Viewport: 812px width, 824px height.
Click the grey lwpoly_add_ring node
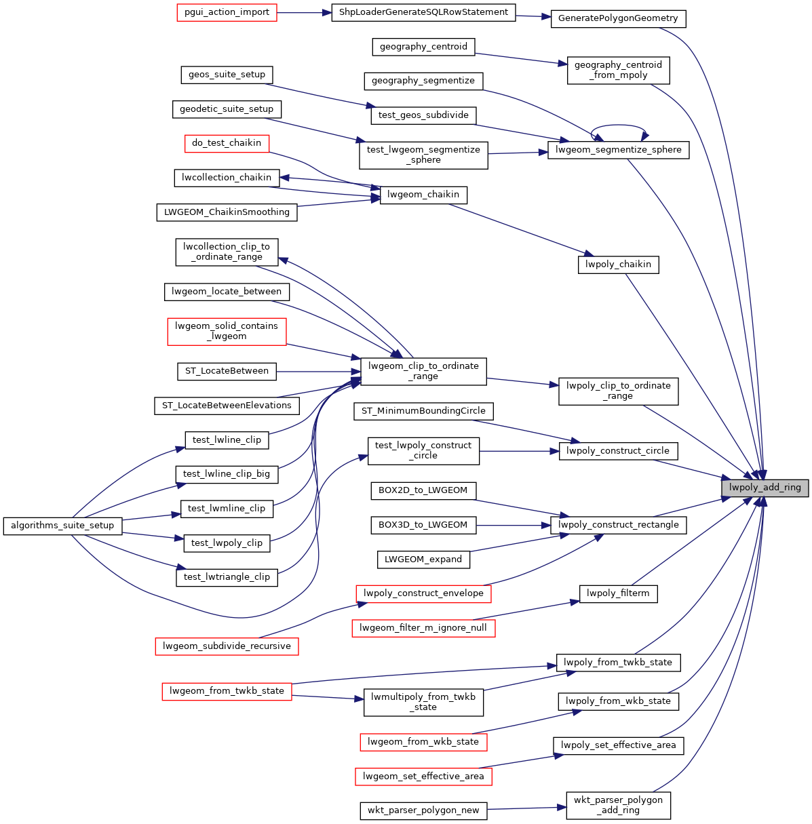(x=765, y=487)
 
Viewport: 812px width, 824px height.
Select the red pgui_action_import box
(x=227, y=13)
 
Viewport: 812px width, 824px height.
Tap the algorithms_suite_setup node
(x=63, y=526)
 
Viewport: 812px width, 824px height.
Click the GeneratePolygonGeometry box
(x=618, y=18)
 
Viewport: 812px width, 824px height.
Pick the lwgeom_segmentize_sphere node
(x=618, y=150)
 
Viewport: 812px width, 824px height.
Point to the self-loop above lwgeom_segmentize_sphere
(x=618, y=125)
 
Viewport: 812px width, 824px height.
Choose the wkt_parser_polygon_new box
(x=423, y=810)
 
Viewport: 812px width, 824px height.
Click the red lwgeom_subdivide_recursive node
(x=227, y=646)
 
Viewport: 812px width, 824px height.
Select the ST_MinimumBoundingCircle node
(x=423, y=411)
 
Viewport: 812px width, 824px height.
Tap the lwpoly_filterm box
(x=618, y=593)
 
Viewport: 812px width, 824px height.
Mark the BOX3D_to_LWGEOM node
(x=423, y=525)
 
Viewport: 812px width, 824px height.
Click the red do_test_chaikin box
(x=227, y=143)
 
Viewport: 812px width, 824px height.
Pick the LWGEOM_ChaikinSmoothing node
(x=227, y=212)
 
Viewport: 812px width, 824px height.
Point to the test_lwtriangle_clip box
(x=227, y=577)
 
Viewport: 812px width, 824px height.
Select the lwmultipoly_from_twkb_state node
(x=423, y=702)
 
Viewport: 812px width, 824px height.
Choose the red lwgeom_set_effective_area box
(x=423, y=777)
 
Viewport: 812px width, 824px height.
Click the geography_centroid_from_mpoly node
(x=618, y=70)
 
